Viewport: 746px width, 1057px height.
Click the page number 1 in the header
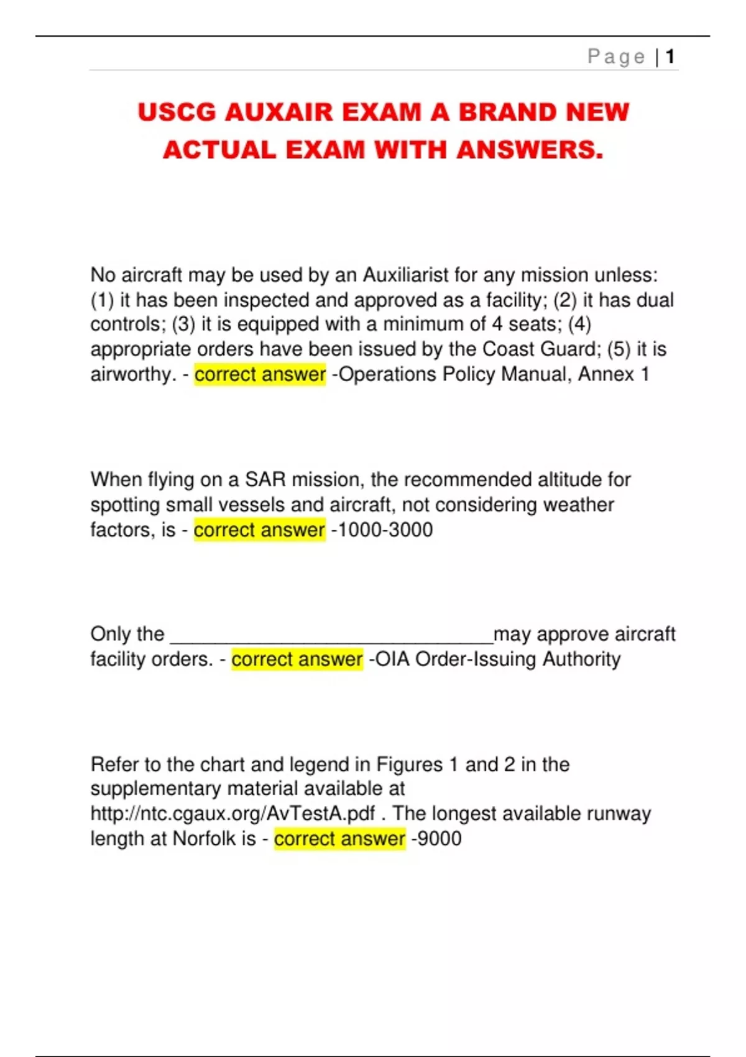click(670, 57)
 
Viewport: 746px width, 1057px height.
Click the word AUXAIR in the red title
click(280, 113)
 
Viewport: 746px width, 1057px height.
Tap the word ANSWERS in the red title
click(529, 150)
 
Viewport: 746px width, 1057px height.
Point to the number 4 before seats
click(497, 324)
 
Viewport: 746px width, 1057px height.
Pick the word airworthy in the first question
click(133, 374)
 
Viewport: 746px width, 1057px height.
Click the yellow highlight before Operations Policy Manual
click(260, 374)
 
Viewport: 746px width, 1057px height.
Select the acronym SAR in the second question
click(265, 479)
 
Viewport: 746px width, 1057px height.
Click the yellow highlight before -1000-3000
click(259, 530)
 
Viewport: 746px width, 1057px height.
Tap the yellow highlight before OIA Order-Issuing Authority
click(297, 659)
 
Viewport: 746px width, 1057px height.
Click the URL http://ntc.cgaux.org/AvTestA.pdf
click(233, 813)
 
